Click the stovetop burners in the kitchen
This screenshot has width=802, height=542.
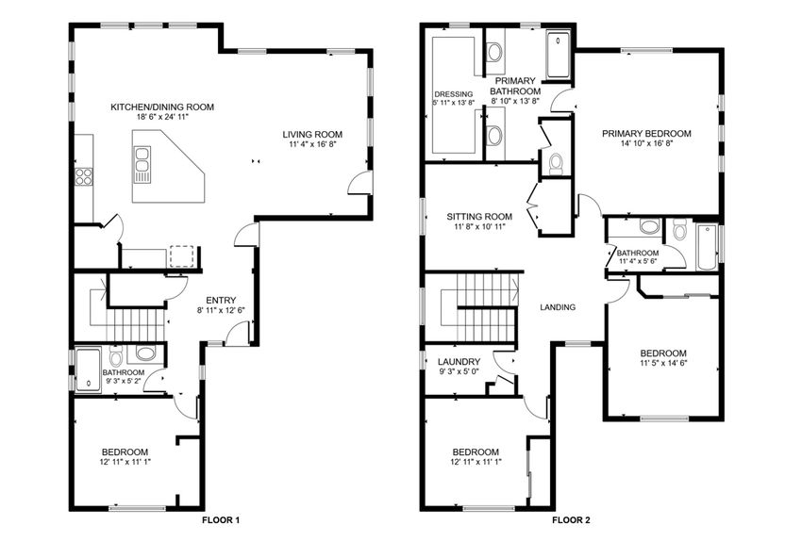83,175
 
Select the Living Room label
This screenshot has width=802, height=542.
312,134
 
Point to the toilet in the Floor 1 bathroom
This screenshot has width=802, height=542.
114,358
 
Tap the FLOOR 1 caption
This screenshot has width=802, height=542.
222,519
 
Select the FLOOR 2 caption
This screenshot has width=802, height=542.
571,519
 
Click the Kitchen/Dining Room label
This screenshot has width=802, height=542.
161,107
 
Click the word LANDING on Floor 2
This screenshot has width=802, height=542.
557,307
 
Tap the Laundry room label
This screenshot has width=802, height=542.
459,362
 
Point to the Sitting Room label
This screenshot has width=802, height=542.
479,216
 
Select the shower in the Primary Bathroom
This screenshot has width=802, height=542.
559,54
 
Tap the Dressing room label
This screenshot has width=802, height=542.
453,94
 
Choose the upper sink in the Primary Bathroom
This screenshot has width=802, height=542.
494,52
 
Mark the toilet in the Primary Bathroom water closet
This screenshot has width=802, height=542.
556,163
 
